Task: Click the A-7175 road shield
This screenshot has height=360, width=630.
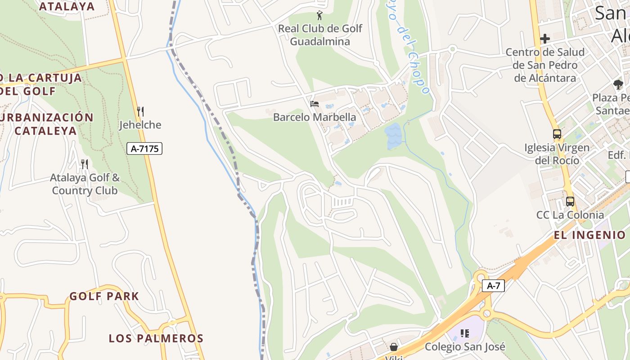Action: [x=144, y=148]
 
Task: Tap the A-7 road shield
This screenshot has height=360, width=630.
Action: [x=493, y=286]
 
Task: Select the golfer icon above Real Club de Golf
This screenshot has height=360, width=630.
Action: [x=320, y=16]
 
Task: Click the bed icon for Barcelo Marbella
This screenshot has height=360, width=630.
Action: [x=315, y=104]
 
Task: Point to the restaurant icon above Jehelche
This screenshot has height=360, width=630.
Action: [x=140, y=111]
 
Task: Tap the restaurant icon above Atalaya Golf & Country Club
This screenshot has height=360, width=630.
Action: [x=84, y=164]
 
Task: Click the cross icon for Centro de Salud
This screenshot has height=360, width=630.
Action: [x=545, y=39]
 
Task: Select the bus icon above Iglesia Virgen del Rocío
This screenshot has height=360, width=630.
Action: [x=557, y=134]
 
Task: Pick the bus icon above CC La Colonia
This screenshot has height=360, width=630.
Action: [x=570, y=202]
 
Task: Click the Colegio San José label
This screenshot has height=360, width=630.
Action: [x=465, y=347]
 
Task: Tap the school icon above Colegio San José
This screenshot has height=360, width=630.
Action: [x=465, y=333]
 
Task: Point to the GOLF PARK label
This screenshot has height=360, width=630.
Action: [x=104, y=296]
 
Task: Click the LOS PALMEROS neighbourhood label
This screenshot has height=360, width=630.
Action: [x=156, y=338]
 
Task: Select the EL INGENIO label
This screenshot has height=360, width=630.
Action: [x=589, y=235]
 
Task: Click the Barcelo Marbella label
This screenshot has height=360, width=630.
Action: [x=315, y=117]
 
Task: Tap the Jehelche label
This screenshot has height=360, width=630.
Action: [x=140, y=125]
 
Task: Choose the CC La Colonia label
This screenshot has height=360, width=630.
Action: [x=570, y=215]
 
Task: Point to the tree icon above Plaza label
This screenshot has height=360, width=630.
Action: [x=618, y=84]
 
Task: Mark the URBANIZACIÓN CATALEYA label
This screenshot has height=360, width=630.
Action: [x=46, y=124]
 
